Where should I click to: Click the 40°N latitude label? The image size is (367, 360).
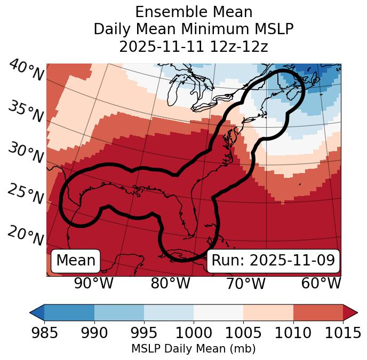tap(26, 71)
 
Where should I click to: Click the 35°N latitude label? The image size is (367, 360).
tap(26, 111)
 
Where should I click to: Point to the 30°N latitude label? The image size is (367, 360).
tap(26, 153)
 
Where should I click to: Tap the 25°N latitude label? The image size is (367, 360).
tap(26, 194)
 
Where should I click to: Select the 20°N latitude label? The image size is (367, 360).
tap(26, 236)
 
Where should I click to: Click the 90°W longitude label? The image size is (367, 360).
tap(93, 283)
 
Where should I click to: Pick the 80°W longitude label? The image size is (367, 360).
tap(171, 283)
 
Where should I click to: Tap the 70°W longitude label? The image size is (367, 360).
tap(246, 283)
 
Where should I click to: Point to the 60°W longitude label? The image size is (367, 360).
tap(321, 283)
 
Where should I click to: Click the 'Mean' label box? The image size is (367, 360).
tap(76, 261)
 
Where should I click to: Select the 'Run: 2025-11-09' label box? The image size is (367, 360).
tap(273, 261)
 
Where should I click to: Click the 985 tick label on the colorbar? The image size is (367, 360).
tap(44, 333)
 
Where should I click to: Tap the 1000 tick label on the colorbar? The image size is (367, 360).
tap(194, 333)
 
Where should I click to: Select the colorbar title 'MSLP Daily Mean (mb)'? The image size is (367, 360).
tap(193, 349)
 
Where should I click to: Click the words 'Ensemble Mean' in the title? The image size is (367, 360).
tap(193, 12)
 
